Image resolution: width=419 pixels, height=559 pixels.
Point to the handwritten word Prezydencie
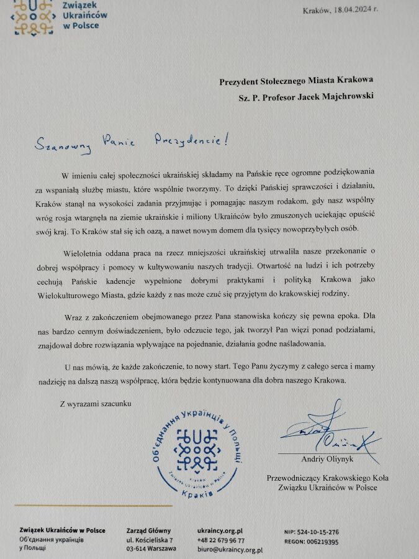pos(188,139)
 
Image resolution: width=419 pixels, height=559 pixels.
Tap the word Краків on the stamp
pos(199,492)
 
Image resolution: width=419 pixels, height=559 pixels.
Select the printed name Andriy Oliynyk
pos(327,460)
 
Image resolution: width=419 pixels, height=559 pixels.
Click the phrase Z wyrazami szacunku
pos(96,404)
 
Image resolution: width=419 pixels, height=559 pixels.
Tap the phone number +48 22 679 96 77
pos(220,541)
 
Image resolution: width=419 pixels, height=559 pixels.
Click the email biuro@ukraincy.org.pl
pos(230,550)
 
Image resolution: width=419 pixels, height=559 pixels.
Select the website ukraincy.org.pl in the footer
pos(219,531)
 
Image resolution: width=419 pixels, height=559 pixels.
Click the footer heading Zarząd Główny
pos(148,530)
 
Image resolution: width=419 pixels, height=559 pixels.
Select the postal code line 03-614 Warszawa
pos(151,548)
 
